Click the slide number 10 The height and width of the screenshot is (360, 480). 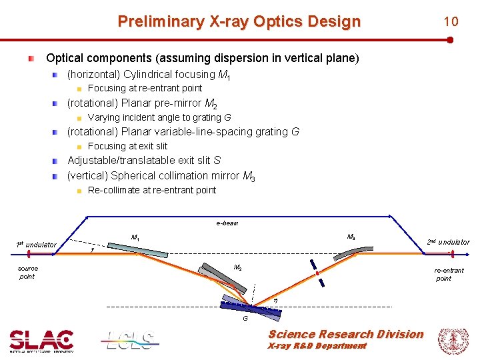[x=451, y=21]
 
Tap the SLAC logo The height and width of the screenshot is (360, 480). [x=41, y=341]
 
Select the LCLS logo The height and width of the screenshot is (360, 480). [x=131, y=341]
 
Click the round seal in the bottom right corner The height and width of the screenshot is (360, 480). [x=453, y=341]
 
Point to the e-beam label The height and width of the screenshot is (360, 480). [x=227, y=223]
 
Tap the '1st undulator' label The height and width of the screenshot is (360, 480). [x=36, y=245]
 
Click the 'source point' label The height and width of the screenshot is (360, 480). [x=28, y=273]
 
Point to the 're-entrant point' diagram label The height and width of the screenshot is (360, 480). [x=448, y=274]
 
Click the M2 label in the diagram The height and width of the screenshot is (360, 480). [x=237, y=267]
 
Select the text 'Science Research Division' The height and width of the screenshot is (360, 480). [x=345, y=334]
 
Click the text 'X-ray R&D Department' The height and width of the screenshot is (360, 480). [x=317, y=346]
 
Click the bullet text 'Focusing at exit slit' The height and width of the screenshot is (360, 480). [x=127, y=146]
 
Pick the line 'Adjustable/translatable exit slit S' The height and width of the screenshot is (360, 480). [x=144, y=161]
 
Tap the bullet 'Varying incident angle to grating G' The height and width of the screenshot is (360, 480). [x=159, y=117]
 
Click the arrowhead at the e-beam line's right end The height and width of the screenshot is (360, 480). [x=391, y=217]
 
